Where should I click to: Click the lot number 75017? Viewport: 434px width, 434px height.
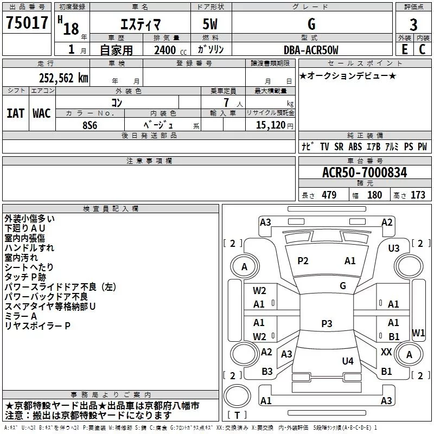pos(27,23)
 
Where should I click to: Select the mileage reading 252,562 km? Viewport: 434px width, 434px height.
pos(63,78)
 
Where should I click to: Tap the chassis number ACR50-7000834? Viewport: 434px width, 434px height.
pos(365,173)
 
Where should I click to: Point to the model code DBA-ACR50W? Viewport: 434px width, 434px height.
pos(310,50)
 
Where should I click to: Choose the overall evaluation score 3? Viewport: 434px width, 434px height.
pos(413,25)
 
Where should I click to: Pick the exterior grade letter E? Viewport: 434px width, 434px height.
pos(404,49)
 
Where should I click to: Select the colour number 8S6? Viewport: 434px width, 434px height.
pos(90,124)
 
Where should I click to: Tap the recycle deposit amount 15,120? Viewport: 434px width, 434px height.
pos(270,125)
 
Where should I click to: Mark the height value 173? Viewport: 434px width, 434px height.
pos(418,195)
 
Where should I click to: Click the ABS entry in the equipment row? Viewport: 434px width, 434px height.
pos(355,146)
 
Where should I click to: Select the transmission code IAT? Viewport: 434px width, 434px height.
pos(15,113)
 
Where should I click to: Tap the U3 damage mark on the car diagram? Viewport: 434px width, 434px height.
pos(394,248)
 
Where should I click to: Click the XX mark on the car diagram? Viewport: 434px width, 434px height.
pos(386,352)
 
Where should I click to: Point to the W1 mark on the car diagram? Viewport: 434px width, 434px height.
pos(418,332)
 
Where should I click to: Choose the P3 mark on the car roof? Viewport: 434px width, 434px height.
pos(327,323)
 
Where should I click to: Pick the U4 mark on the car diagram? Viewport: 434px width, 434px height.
pos(348,361)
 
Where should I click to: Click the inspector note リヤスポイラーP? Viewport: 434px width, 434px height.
pos(37,326)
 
